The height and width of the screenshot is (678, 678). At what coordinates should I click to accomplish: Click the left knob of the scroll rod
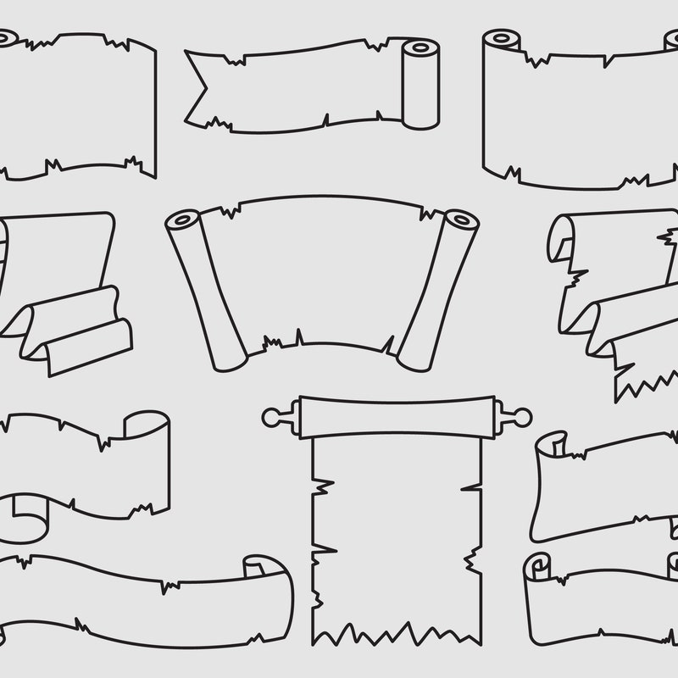pos(270,416)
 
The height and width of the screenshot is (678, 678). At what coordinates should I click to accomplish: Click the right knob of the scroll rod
pos(525,416)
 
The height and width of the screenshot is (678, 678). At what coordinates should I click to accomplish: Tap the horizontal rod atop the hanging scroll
pos(397,417)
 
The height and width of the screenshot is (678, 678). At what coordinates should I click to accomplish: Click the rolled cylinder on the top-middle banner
pos(420,85)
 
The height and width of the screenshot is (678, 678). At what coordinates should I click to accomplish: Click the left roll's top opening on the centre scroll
pos(182,222)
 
